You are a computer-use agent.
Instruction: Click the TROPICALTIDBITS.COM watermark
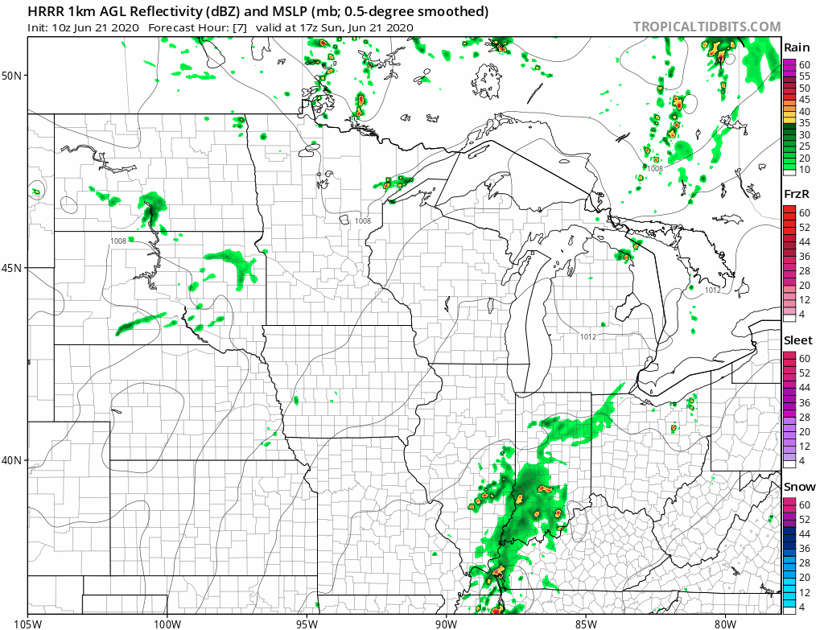coord(707,27)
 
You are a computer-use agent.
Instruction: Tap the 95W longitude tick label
coord(307,622)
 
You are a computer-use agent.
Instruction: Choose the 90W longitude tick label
coord(446,622)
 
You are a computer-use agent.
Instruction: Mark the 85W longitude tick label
coord(586,622)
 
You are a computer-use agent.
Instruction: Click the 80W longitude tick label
coord(725,622)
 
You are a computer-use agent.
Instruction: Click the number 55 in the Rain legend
coord(804,76)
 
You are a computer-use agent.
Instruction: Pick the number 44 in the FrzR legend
coord(804,241)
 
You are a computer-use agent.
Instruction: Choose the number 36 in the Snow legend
coord(804,548)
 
